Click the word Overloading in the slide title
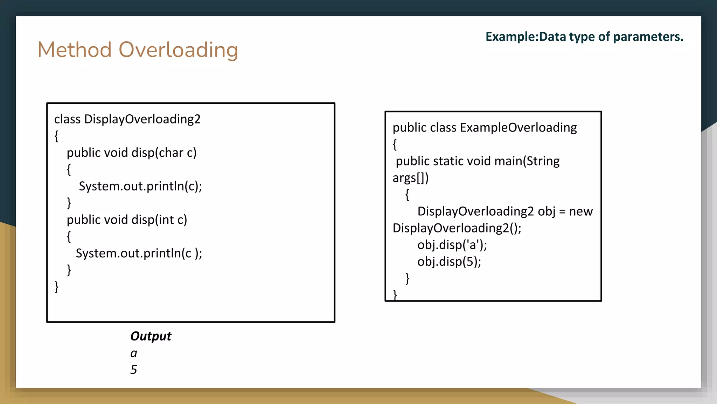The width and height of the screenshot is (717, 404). point(179,50)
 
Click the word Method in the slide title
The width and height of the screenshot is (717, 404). point(75,50)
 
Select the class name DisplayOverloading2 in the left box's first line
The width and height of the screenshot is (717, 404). point(142,119)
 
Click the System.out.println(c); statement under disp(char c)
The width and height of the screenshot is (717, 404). point(140,186)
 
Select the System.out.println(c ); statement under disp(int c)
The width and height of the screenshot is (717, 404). point(139,253)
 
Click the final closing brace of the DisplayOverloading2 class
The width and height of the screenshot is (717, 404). point(57,287)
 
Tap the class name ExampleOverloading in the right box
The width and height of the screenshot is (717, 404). point(518,128)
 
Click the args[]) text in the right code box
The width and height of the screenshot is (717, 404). point(410,178)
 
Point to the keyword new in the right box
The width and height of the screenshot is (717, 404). point(581,211)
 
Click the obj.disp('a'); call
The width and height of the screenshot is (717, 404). point(452,245)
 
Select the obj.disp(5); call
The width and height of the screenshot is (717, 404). point(449,262)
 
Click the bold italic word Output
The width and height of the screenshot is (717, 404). point(151,336)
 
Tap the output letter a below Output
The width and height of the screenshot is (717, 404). point(134,353)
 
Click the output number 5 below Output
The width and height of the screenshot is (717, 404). point(134,370)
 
